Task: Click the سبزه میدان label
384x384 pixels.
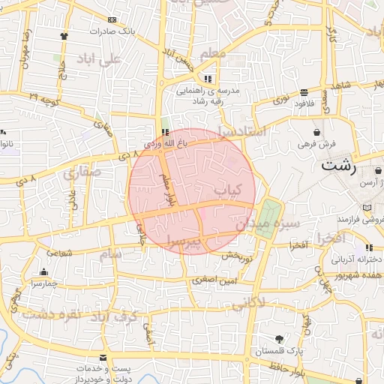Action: pos(268,223)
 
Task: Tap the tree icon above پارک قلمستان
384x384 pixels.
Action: pos(280,339)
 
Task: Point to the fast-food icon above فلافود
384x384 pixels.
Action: pos(303,93)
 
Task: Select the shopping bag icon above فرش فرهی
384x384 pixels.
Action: pos(327,131)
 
